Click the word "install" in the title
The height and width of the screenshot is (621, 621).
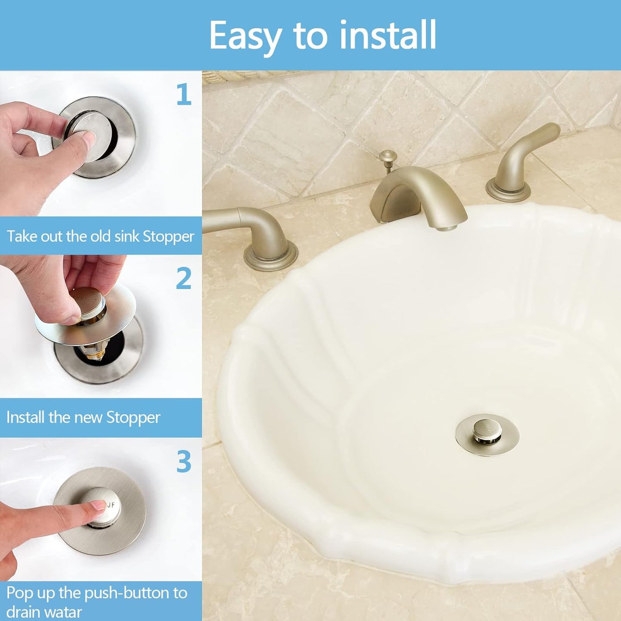point(388,35)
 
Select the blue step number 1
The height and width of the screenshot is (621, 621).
point(184,95)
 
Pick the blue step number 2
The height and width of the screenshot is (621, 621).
point(184,278)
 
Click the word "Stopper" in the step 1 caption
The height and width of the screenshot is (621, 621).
point(168,237)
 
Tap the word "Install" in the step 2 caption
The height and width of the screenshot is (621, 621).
point(25,417)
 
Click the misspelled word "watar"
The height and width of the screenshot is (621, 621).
point(63,612)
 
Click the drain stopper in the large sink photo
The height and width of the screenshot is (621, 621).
point(487,434)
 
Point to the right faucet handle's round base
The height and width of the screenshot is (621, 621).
point(508,192)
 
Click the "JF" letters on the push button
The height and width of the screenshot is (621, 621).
point(110,505)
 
